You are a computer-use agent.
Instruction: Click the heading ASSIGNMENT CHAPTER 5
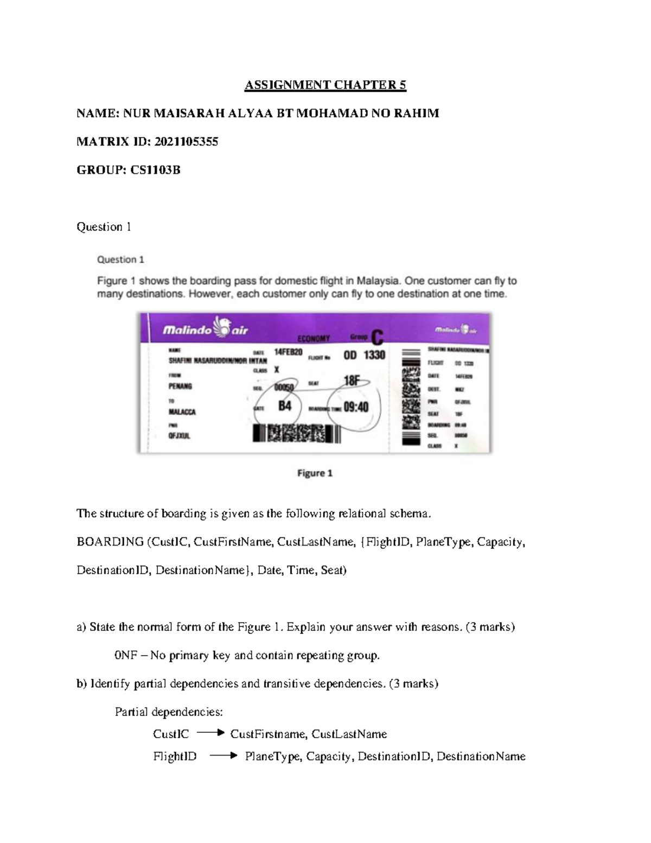(325, 85)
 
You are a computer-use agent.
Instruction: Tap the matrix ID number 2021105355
(186, 142)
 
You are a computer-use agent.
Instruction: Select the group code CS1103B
(155, 170)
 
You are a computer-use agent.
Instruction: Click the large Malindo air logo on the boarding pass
(206, 328)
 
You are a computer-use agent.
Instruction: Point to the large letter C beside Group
(377, 337)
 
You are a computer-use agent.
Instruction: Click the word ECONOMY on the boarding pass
(314, 338)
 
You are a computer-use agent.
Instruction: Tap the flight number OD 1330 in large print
(364, 356)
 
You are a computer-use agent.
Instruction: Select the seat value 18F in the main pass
(352, 381)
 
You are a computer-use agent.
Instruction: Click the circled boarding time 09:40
(356, 407)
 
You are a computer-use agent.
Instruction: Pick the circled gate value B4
(285, 405)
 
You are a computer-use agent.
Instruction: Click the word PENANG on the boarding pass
(180, 386)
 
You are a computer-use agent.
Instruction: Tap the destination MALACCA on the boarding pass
(182, 412)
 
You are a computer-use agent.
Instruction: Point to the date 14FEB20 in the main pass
(288, 352)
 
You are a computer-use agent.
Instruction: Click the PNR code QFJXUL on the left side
(180, 436)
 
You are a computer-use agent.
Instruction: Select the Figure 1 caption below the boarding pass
(315, 473)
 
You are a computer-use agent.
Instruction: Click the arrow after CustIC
(210, 733)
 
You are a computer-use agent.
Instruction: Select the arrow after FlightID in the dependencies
(224, 756)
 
